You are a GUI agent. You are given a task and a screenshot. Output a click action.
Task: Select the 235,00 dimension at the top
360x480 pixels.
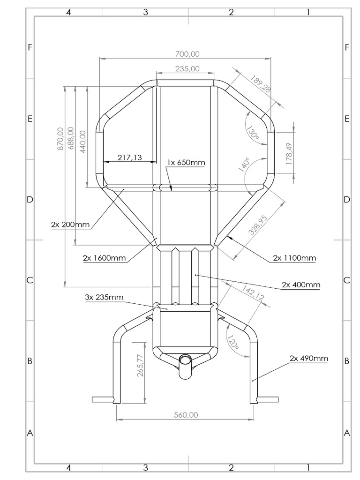click(187, 69)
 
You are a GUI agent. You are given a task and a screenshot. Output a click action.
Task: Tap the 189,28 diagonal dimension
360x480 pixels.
click(261, 85)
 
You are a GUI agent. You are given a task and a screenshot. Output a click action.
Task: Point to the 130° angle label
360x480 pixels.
click(253, 132)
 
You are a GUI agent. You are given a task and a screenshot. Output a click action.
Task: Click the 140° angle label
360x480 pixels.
click(243, 165)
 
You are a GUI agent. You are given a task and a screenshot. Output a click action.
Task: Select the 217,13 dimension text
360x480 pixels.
click(129, 157)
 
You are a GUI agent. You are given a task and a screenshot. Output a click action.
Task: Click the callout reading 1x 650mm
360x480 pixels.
click(186, 163)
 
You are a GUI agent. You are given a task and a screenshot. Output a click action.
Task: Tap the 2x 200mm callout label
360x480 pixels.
click(70, 224)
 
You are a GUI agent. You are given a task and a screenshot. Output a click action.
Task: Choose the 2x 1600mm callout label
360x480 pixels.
click(104, 258)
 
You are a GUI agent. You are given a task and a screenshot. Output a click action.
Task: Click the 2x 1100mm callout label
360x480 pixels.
click(294, 258)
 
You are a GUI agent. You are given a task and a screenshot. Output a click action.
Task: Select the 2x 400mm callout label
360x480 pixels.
click(301, 285)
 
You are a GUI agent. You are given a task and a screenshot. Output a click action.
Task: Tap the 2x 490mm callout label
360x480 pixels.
click(308, 358)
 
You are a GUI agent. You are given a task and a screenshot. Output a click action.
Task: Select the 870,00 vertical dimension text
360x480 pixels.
click(60, 139)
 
